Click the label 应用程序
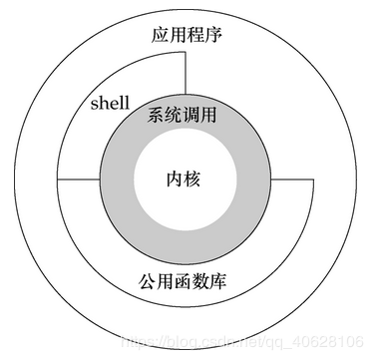tap(186, 37)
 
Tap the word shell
tap(110, 103)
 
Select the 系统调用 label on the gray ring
tap(186, 116)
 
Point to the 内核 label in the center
tap(186, 180)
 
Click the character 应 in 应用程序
tap(162, 37)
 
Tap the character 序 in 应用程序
tap(212, 37)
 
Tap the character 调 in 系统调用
tap(195, 116)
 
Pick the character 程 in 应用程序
tap(195, 37)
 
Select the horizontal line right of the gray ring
tap(294, 180)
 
